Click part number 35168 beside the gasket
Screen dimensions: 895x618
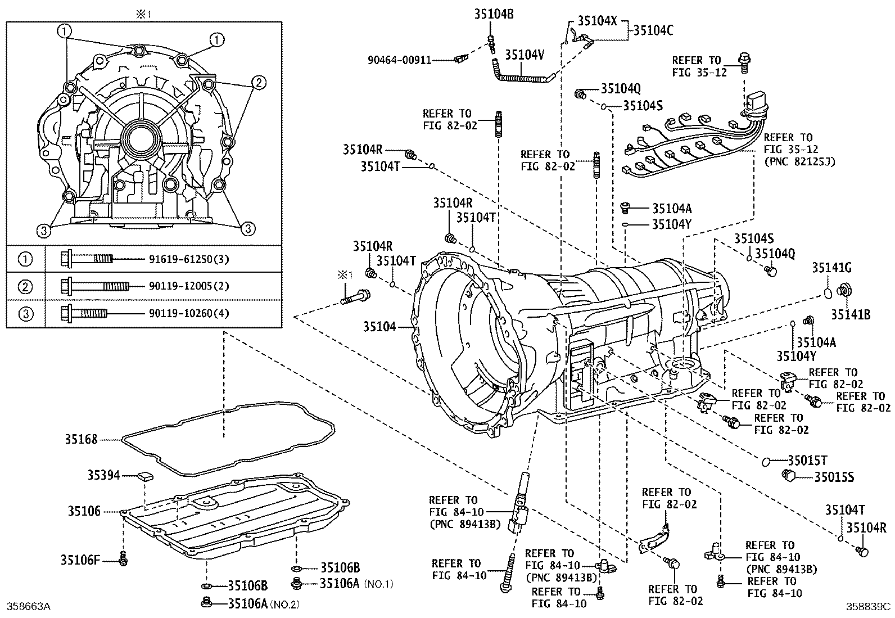pyautogui.click(x=81, y=440)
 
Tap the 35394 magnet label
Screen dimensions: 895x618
pyautogui.click(x=103, y=475)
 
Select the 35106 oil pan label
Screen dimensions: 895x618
pyautogui.click(x=84, y=511)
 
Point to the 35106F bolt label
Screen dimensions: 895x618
pyautogui.click(x=80, y=560)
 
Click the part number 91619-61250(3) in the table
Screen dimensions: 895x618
pyautogui.click(x=189, y=259)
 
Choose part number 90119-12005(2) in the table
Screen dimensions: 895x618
pyautogui.click(x=189, y=286)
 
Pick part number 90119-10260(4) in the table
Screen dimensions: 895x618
pyautogui.click(x=189, y=313)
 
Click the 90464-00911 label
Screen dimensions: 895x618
pyautogui.click(x=400, y=60)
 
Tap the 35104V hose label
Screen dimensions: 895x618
pyautogui.click(x=525, y=55)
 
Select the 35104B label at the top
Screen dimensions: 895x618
pyautogui.click(x=494, y=14)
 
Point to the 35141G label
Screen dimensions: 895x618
pyautogui.click(x=831, y=268)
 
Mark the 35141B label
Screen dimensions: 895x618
pyautogui.click(x=851, y=314)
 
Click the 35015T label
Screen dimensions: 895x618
pyautogui.click(x=807, y=461)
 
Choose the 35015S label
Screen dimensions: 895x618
pyautogui.click(x=834, y=477)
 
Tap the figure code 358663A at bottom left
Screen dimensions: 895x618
pyautogui.click(x=29, y=606)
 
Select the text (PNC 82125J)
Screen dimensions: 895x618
pyautogui.click(x=799, y=161)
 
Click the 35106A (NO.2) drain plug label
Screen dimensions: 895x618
pyautogui.click(x=263, y=603)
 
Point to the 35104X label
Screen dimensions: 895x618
pyautogui.click(x=598, y=21)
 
